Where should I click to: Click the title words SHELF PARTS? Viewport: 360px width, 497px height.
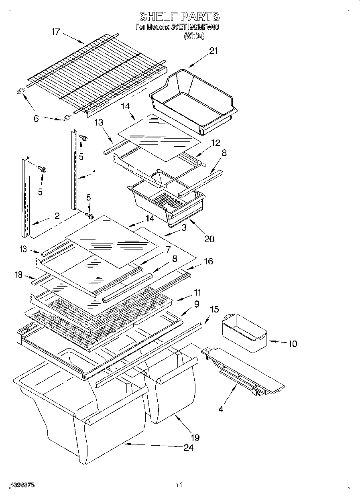pos(179,16)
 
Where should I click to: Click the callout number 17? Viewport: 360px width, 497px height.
pos(55,32)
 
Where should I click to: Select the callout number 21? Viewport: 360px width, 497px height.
pos(213,51)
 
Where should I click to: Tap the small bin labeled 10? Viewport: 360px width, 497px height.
pos(244,333)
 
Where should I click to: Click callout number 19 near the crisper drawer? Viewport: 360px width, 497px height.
pos(195,438)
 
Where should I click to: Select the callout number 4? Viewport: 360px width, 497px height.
pos(220,410)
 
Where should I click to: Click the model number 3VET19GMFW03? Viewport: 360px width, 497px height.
pos(194,27)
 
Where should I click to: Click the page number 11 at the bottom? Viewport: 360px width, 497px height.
pos(179,485)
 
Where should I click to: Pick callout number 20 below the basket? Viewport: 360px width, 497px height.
pos(209,239)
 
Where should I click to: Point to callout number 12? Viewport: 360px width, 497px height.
pos(216,142)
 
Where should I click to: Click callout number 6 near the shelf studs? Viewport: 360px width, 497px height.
pos(36,119)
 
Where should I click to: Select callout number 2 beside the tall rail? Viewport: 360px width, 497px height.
pos(57,216)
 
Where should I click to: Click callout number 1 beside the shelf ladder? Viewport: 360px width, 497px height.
pos(94,173)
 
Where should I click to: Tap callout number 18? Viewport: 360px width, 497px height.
pos(18,274)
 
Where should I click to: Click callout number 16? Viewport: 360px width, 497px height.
pos(208,262)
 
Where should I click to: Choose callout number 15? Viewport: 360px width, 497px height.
pos(215,309)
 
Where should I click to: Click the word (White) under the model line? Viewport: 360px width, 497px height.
pos(194,36)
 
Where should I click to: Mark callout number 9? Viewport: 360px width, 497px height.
pos(197,304)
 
